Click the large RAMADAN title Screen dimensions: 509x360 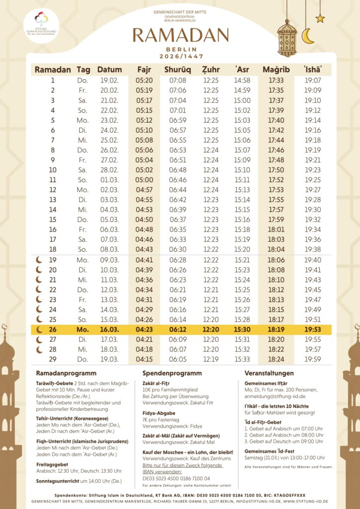(x=180, y=35)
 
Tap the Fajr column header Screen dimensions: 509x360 (x=144, y=70)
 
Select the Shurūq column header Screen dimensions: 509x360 (x=178, y=70)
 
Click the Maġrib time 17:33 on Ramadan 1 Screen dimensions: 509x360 (x=276, y=81)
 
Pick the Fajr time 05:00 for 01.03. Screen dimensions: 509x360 (x=144, y=180)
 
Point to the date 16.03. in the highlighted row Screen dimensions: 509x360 (x=109, y=329)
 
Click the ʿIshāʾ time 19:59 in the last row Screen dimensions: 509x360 (x=313, y=359)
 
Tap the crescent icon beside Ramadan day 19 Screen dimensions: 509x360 (x=39, y=259)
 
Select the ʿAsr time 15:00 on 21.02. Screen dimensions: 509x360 (x=242, y=100)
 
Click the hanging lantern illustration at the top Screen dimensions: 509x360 (x=287, y=37)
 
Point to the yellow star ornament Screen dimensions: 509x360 (x=320, y=18)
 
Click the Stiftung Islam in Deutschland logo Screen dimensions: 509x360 (x=41, y=23)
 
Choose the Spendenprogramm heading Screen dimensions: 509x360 (x=172, y=373)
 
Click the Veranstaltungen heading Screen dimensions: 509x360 (x=269, y=373)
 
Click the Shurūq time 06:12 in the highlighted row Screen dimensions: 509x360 (x=178, y=329)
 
